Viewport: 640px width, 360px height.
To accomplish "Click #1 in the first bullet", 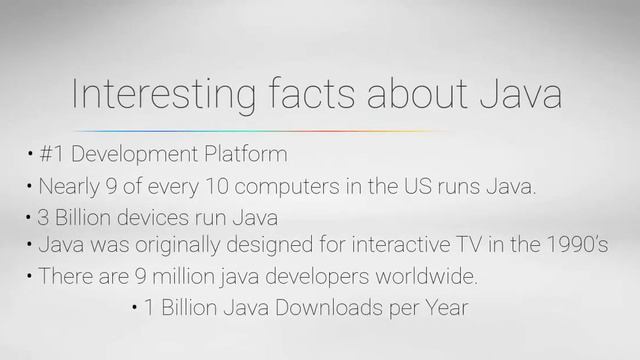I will click(x=52, y=156).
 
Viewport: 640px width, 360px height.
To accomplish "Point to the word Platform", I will click(x=246, y=156).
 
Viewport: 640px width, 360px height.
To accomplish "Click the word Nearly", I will click(x=70, y=186).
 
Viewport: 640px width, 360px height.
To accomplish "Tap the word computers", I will click(x=285, y=186).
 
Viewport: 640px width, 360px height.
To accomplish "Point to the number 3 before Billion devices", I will click(x=44, y=217).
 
